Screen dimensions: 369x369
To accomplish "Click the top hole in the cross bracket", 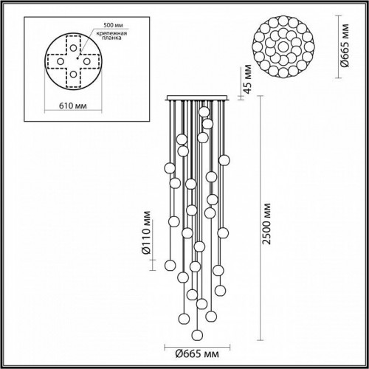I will click(x=73, y=42).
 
